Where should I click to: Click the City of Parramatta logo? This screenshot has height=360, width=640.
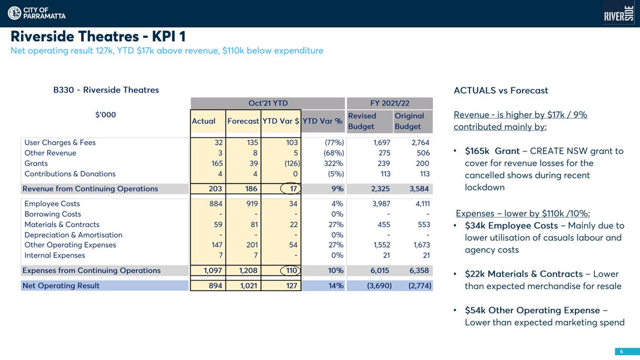(x=36, y=13)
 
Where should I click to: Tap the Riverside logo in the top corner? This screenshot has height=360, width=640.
(x=619, y=14)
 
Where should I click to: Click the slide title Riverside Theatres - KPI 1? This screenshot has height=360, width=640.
(x=98, y=36)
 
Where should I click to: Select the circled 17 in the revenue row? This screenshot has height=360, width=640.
(x=291, y=188)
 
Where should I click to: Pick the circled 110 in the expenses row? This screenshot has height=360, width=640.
(x=291, y=270)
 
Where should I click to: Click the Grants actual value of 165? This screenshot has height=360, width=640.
(x=217, y=164)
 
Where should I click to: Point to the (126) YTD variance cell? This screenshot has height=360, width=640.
(x=292, y=164)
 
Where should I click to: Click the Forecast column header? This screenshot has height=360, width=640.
(x=243, y=121)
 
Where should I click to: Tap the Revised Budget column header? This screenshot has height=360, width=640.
(x=362, y=121)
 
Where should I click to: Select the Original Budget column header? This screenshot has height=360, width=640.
(x=409, y=121)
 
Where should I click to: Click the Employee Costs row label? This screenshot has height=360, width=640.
(x=52, y=204)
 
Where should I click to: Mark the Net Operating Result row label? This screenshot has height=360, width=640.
(x=61, y=286)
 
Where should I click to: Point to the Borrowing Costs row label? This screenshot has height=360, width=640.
(x=53, y=214)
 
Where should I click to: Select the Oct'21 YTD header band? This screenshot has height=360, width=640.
(x=268, y=103)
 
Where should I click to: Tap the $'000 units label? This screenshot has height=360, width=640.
(x=105, y=115)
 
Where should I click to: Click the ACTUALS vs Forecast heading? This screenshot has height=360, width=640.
(x=501, y=91)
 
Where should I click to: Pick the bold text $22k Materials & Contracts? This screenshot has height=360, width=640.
(x=524, y=274)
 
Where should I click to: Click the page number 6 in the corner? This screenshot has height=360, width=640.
(x=621, y=352)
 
